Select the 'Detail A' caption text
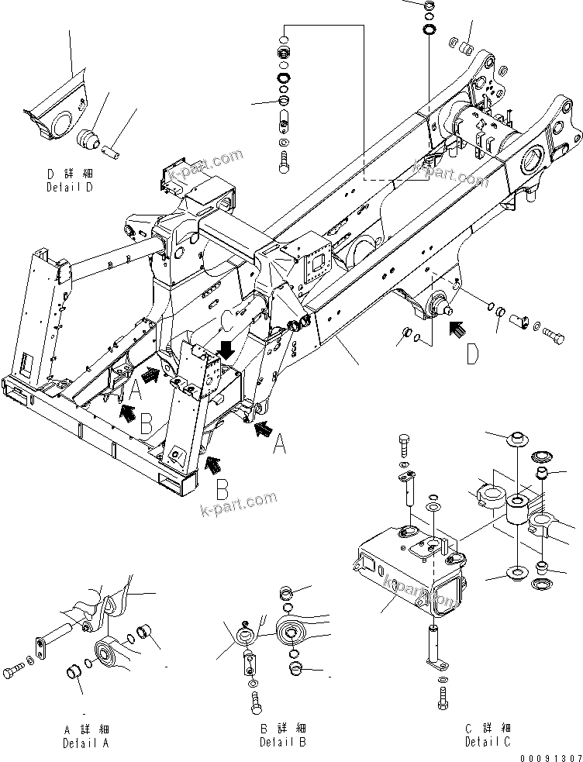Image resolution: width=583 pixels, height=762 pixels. point(86,743)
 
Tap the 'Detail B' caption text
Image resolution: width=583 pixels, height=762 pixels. point(282,743)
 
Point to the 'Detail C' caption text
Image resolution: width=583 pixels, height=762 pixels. point(488,743)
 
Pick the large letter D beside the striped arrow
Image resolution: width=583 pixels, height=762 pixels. point(472,354)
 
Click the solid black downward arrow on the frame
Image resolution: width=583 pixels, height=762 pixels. point(226,349)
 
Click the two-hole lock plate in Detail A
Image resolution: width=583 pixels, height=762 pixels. point(39,646)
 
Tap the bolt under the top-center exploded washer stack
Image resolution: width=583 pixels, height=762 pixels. point(283,160)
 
